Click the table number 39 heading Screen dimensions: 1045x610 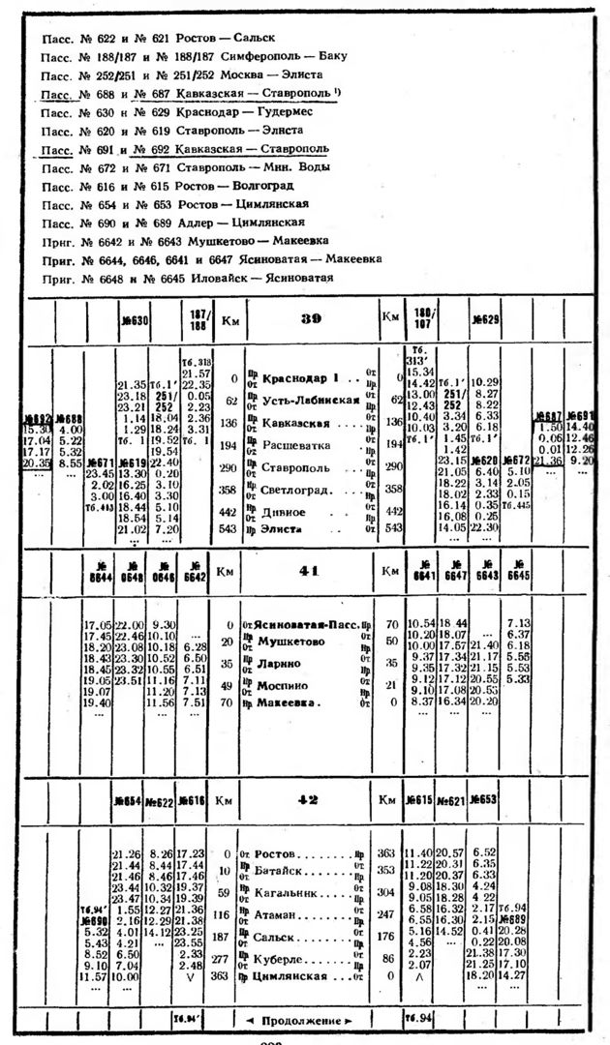(x=311, y=319)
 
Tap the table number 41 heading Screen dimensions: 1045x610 (x=309, y=571)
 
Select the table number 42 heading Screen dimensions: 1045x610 (x=309, y=799)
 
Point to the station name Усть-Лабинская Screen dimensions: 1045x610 (x=306, y=401)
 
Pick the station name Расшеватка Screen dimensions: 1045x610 (x=295, y=445)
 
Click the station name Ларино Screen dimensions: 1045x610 (x=280, y=664)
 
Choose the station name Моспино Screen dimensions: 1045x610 (x=285, y=685)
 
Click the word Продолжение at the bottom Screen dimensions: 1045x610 (x=308, y=1021)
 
